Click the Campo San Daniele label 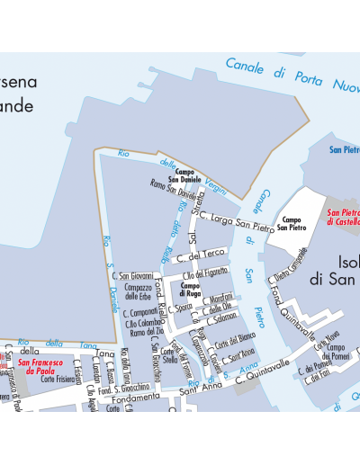pyautogui.click(x=185, y=175)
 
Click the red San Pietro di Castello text pyautogui.click(x=344, y=217)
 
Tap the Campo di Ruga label pyautogui.click(x=191, y=290)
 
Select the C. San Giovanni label pyautogui.click(x=131, y=276)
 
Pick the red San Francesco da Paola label pyautogui.click(x=37, y=366)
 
